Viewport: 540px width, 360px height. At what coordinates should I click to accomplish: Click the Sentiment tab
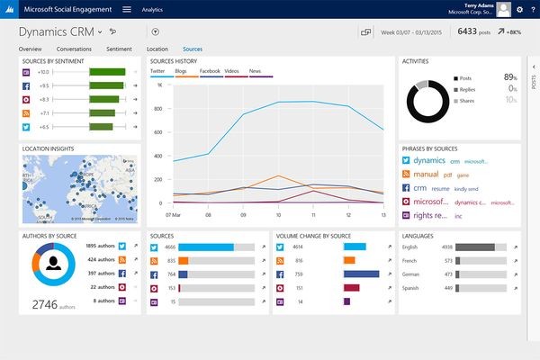pos(119,48)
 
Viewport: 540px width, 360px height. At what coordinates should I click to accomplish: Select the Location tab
pos(157,48)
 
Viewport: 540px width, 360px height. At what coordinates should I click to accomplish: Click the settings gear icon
pos(519,9)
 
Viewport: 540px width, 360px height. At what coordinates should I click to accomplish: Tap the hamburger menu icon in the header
pos(126,9)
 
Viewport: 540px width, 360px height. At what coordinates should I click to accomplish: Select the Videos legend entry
pos(232,69)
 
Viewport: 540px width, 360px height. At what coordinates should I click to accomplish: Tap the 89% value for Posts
pos(510,78)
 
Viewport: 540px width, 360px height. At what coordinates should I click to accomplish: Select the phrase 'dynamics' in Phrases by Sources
pos(436,159)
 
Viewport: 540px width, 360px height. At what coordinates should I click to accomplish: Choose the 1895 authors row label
pos(99,246)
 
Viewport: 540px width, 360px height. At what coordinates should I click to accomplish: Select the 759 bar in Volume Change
pos(361,274)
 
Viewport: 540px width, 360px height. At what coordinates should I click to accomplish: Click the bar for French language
pos(486,260)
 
